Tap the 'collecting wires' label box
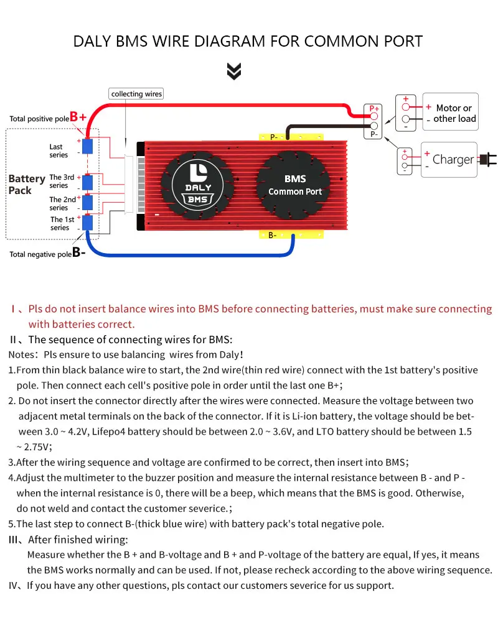click(x=136, y=94)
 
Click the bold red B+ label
click(x=78, y=117)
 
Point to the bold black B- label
click(x=79, y=252)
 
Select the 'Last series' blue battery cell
click(x=88, y=146)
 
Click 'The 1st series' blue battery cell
click(x=88, y=223)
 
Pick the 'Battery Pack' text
click(x=26, y=184)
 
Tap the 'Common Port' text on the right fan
click(x=295, y=192)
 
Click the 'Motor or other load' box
click(x=451, y=113)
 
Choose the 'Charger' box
click(x=449, y=159)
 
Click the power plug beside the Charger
click(x=489, y=159)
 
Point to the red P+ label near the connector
click(x=374, y=108)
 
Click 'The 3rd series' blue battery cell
click(x=88, y=182)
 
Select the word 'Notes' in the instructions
click(x=21, y=355)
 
